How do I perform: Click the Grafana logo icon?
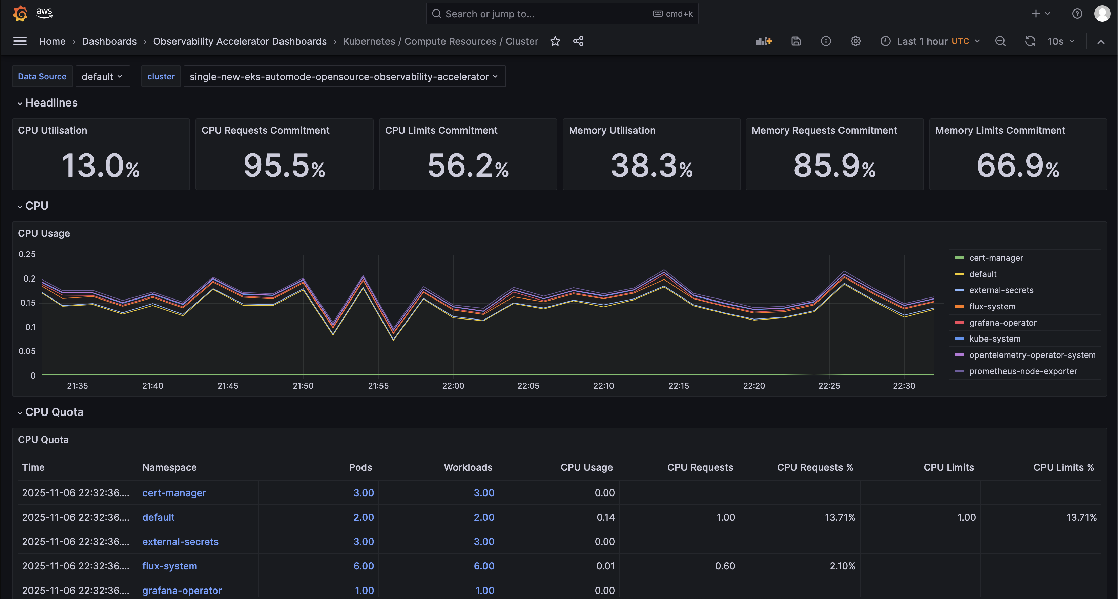[x=20, y=14]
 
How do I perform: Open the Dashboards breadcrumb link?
[x=109, y=41]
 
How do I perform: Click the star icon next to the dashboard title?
[x=555, y=41]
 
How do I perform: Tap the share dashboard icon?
[x=578, y=41]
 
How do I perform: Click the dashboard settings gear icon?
[x=855, y=41]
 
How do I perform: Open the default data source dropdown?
[x=102, y=76]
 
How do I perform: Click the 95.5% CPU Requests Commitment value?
[x=284, y=166]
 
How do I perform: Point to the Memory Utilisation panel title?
[x=612, y=130]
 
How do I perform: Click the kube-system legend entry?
[x=995, y=339]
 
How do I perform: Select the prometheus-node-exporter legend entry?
[x=1023, y=371]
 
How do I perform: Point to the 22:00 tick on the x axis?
[x=453, y=386]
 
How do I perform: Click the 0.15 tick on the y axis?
[x=28, y=303]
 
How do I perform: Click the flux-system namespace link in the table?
[x=170, y=566]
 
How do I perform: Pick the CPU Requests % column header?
[x=815, y=467]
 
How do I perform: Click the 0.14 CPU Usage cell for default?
[x=605, y=517]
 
